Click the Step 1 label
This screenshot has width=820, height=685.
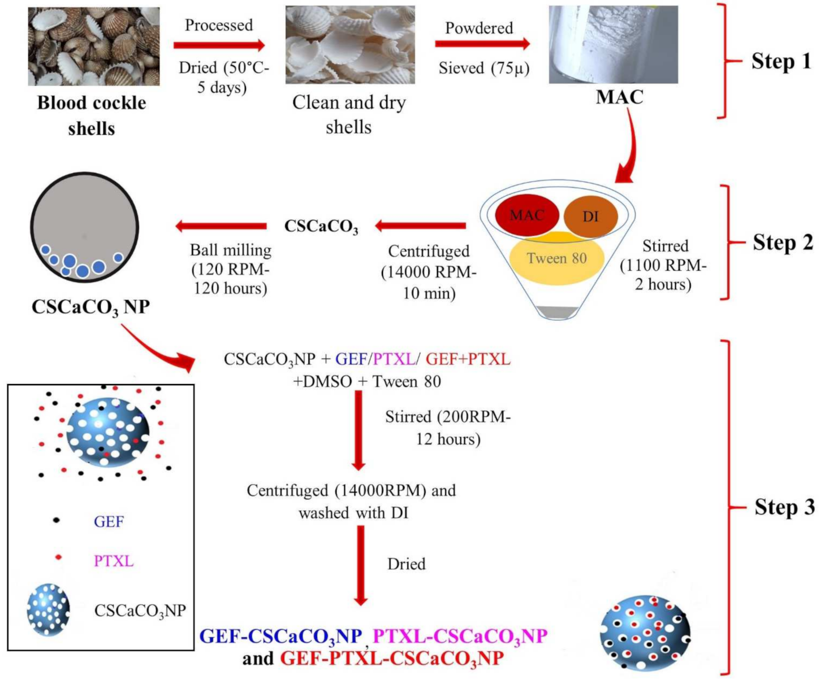pyautogui.click(x=781, y=61)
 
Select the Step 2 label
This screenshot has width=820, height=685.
pyautogui.click(x=783, y=242)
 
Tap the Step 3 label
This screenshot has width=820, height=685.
pyautogui.click(x=784, y=507)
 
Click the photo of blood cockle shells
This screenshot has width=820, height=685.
pyautogui.click(x=94, y=46)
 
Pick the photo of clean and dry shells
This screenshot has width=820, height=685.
pyautogui.click(x=350, y=45)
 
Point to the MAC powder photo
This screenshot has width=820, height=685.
pyautogui.click(x=613, y=45)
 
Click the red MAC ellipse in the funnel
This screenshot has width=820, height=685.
pyautogui.click(x=527, y=214)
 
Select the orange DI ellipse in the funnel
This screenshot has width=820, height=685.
pyautogui.click(x=591, y=216)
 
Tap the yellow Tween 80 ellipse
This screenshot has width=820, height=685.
pyautogui.click(x=557, y=258)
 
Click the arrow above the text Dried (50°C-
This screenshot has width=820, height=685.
pyautogui.click(x=219, y=45)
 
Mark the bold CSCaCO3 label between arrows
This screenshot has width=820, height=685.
pyautogui.click(x=321, y=227)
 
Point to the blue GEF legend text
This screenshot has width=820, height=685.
pyautogui.click(x=109, y=522)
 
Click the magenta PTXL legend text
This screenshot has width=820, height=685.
pyautogui.click(x=113, y=561)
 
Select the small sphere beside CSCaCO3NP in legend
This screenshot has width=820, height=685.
pyautogui.click(x=49, y=610)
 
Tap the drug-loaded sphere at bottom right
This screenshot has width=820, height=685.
pyautogui.click(x=645, y=633)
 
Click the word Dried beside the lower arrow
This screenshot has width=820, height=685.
pyautogui.click(x=406, y=564)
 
